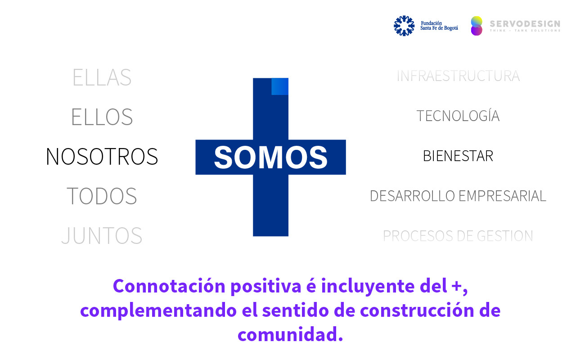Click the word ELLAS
click(102, 77)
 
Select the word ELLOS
click(102, 117)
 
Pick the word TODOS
click(102, 196)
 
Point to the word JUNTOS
click(102, 235)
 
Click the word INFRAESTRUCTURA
click(458, 76)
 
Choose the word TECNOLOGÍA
click(458, 116)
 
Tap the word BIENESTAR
click(458, 156)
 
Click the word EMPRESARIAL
click(502, 196)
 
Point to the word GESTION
click(505, 236)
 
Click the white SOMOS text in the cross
click(271, 157)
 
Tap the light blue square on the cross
click(280, 86)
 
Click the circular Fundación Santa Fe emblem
click(404, 26)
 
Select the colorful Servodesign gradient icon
click(477, 26)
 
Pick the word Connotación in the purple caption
click(169, 286)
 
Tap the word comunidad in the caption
click(290, 334)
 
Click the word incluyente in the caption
click(368, 287)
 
